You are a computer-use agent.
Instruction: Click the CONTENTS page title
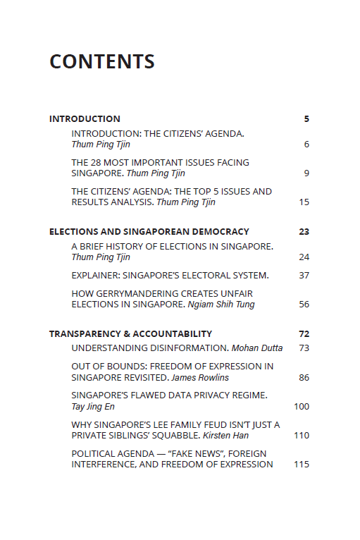click(102, 62)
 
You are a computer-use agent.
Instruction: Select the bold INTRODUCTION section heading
click(85, 119)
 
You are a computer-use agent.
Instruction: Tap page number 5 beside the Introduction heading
click(306, 119)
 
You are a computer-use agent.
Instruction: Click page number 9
click(306, 173)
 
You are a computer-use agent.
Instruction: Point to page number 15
click(304, 202)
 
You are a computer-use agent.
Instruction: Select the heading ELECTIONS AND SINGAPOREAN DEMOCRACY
click(149, 232)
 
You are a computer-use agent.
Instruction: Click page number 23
click(304, 232)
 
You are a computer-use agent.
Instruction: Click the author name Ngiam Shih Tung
click(221, 305)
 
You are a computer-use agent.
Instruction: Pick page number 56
click(304, 305)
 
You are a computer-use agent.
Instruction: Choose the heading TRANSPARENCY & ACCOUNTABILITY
click(130, 334)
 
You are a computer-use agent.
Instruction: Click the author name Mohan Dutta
click(257, 348)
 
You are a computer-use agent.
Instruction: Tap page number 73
click(304, 348)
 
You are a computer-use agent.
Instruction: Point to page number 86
click(304, 378)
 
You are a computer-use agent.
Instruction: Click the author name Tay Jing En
click(93, 407)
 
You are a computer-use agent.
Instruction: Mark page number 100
click(302, 407)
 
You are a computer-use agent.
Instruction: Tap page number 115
click(302, 465)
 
